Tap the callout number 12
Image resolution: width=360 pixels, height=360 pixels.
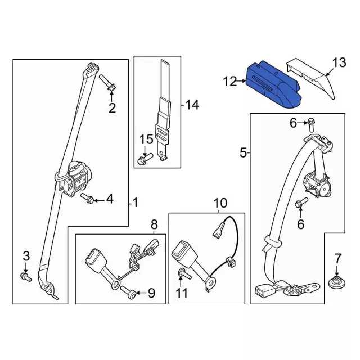click(x=229, y=83)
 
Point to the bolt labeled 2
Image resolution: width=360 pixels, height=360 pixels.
click(x=110, y=84)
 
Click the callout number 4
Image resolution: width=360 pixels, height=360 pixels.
click(x=110, y=199)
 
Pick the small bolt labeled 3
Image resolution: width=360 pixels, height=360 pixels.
click(x=25, y=276)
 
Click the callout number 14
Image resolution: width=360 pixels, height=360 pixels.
click(x=192, y=105)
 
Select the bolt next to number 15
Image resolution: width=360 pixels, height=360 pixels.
click(x=141, y=159)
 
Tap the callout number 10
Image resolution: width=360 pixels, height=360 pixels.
click(x=219, y=202)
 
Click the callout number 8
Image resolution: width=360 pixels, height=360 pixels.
click(x=154, y=225)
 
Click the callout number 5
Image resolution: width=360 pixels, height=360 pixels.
click(x=243, y=152)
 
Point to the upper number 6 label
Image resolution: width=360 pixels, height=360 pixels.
click(x=292, y=123)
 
